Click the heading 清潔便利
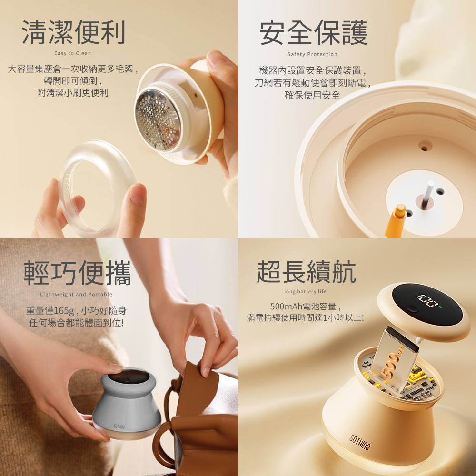(73, 32)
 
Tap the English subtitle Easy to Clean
(72, 53)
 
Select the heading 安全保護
(313, 33)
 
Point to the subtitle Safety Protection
(312, 54)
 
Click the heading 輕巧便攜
(77, 273)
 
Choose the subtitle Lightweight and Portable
(76, 294)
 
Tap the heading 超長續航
(306, 272)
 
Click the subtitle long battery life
(305, 291)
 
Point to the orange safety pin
(396, 220)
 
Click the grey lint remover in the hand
(127, 404)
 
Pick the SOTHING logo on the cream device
(360, 442)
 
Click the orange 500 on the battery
(392, 363)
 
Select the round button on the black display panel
(412, 309)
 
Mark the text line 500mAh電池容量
(304, 306)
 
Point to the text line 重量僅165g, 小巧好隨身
(76, 310)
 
